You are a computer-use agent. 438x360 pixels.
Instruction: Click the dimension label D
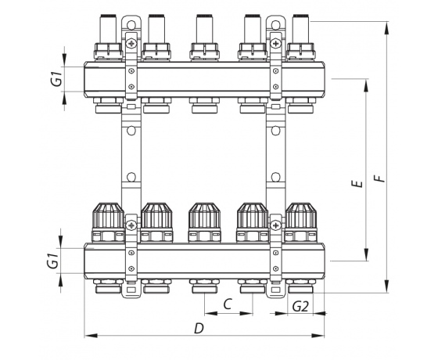point(199,329)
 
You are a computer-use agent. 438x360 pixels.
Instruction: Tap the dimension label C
point(228,304)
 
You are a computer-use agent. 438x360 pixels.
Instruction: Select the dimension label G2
point(300,307)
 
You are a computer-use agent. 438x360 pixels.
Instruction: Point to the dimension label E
point(357,184)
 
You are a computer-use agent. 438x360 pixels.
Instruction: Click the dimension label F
point(379,178)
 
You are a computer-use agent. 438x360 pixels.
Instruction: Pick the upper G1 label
point(58,78)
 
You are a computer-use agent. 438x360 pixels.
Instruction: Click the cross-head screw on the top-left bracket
point(131,43)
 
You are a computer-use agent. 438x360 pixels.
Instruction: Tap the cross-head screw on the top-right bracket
point(275,43)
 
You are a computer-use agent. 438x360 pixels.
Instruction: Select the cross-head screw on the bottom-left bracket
point(131,225)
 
